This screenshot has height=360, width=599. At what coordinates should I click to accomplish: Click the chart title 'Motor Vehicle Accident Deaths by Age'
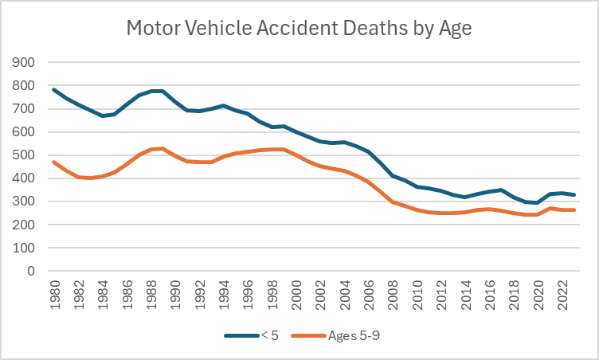click(299, 29)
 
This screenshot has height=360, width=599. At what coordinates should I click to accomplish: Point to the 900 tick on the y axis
click(24, 62)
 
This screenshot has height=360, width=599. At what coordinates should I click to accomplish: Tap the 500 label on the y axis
click(24, 155)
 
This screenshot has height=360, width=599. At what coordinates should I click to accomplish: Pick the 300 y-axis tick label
click(24, 202)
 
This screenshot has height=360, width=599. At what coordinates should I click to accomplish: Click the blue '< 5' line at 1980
click(54, 90)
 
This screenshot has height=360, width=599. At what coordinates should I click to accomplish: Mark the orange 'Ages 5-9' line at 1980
click(54, 162)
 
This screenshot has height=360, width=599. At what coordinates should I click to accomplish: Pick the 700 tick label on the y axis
click(24, 109)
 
